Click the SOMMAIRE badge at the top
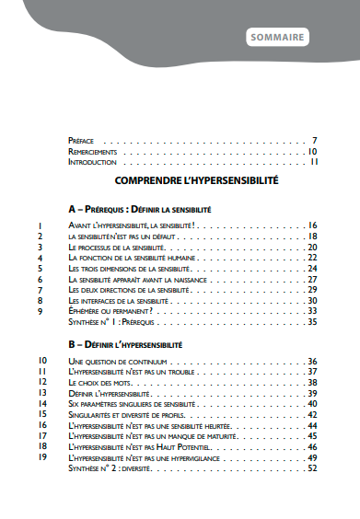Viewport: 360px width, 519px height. pyautogui.click(x=278, y=38)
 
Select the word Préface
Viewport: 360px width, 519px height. pyautogui.click(x=81, y=140)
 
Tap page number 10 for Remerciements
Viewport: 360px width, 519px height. pyautogui.click(x=313, y=151)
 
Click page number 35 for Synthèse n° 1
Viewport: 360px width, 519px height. pyautogui.click(x=313, y=322)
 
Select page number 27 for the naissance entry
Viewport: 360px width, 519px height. pyautogui.click(x=313, y=279)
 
